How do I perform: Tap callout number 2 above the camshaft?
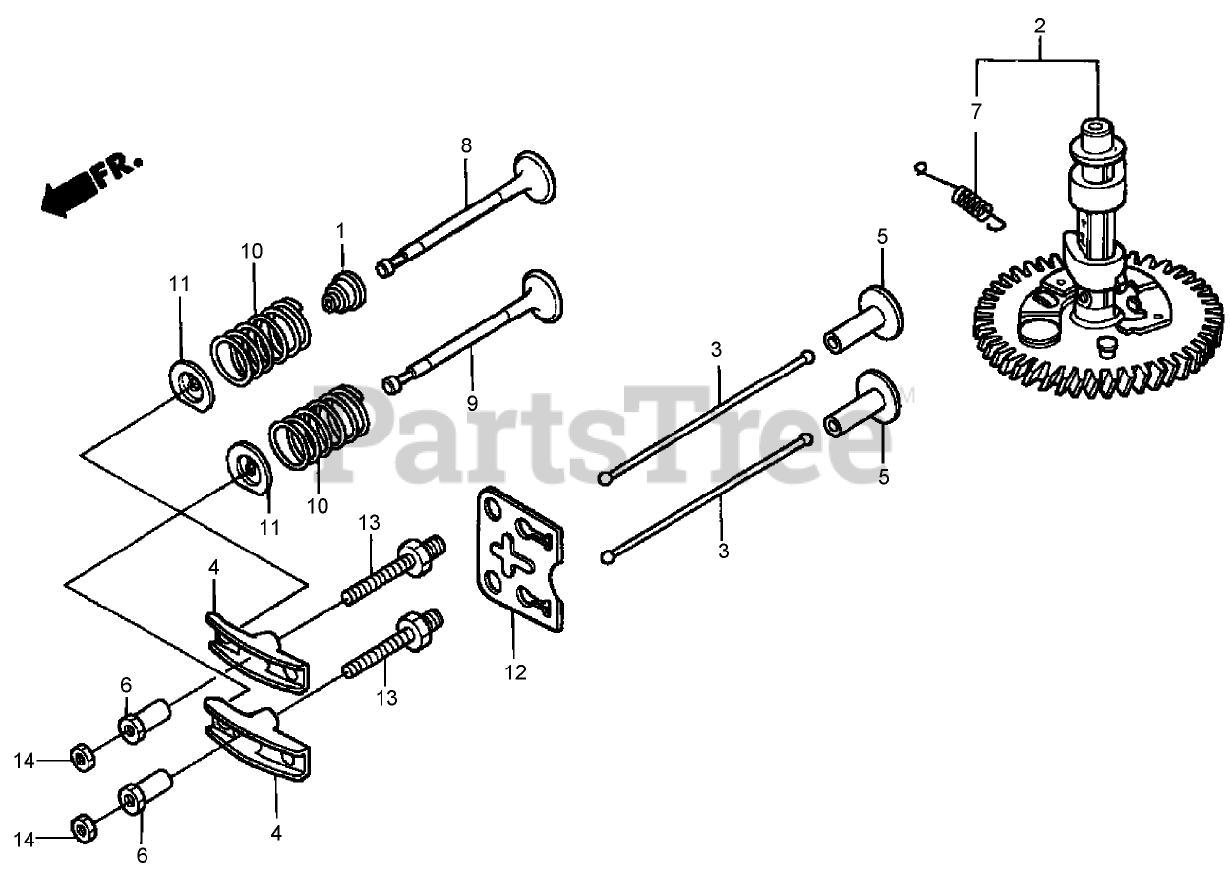coord(1038,27)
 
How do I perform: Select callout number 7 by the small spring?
coord(976,111)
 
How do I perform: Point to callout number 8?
coord(466,145)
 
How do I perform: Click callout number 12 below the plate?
coord(516,673)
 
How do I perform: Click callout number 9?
coord(471,402)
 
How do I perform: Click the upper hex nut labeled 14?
coord(82,759)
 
